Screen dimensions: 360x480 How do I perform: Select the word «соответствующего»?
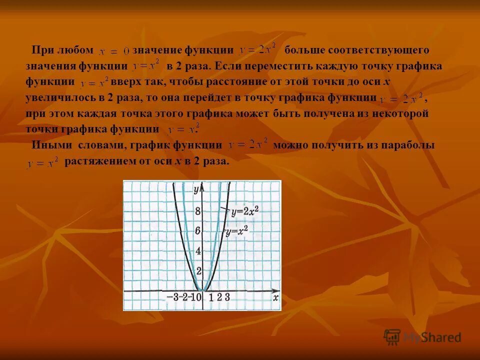(380, 50)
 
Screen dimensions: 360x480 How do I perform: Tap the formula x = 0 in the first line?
(114, 51)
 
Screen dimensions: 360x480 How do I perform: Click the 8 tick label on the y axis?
(198, 211)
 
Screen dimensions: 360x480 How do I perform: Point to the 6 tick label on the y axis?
(198, 231)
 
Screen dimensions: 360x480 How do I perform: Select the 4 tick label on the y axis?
(198, 251)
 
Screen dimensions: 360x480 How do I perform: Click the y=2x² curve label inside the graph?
(244, 211)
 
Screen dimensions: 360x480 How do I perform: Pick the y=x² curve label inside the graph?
(236, 232)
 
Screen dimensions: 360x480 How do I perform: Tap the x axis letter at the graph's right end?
(275, 297)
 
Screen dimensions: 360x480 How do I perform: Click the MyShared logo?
(422, 337)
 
